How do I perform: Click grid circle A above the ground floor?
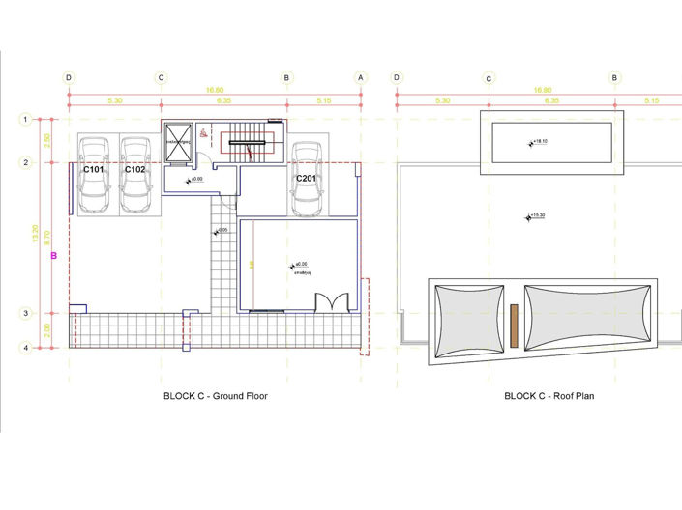[x=361, y=77]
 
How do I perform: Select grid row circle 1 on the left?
[x=25, y=119]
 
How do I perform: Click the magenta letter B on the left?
[x=54, y=256]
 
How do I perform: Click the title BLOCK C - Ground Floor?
[x=215, y=396]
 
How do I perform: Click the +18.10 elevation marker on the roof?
[x=538, y=142]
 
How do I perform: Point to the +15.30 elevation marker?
[x=533, y=216]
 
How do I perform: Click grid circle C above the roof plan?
[x=489, y=77]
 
